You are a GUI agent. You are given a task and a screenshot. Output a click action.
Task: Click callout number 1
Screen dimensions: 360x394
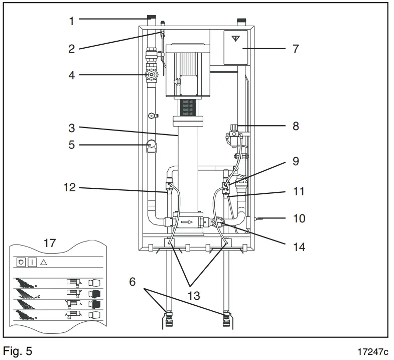coord(72,21)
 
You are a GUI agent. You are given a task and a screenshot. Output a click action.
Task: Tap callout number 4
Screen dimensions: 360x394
coord(72,76)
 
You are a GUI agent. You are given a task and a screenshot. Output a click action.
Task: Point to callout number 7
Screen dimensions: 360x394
coord(295,49)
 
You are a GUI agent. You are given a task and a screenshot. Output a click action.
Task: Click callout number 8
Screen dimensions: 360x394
coord(295,126)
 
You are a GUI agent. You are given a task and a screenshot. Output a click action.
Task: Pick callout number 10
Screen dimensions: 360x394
coord(299,219)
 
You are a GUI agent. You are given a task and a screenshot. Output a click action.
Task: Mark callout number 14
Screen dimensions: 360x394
coord(299,247)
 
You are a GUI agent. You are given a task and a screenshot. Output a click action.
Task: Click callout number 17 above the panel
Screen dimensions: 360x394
coord(50,244)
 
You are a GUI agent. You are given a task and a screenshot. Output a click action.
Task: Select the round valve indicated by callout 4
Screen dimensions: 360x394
coord(151,76)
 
